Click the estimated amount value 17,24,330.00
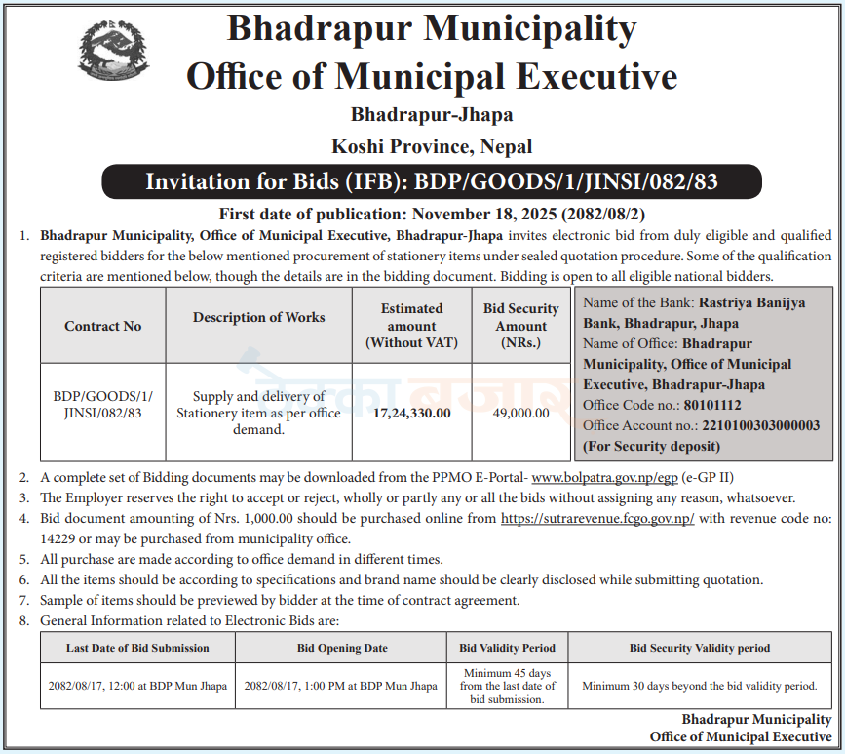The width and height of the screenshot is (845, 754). (x=411, y=413)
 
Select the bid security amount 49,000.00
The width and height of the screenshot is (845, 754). (x=521, y=413)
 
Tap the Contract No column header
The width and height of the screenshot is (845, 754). (x=103, y=326)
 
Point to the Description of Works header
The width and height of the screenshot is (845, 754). (x=259, y=317)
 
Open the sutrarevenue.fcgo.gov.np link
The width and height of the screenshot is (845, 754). (x=597, y=519)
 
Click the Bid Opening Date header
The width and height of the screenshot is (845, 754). (x=342, y=648)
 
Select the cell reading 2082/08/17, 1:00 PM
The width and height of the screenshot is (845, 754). (x=342, y=686)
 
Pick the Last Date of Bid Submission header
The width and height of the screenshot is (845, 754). (x=137, y=648)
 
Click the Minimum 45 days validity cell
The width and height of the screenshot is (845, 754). (x=507, y=686)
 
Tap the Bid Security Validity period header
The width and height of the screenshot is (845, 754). (x=699, y=648)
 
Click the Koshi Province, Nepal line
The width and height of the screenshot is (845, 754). (x=432, y=147)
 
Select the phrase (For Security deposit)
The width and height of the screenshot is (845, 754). (x=651, y=446)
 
